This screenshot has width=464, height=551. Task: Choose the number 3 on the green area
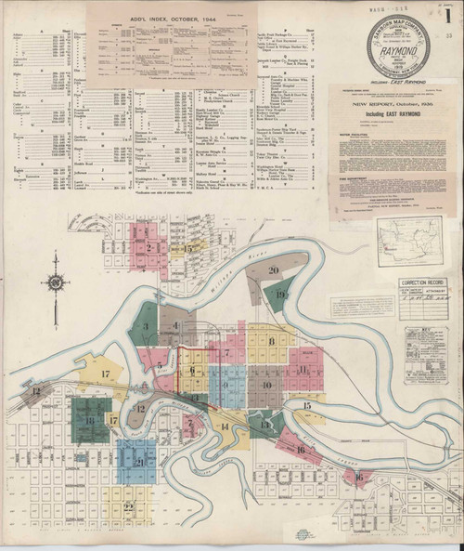(x=146, y=326)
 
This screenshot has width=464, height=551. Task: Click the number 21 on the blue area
(x=139, y=462)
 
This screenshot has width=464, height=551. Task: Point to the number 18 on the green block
(x=90, y=420)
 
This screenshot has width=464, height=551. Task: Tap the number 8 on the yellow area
(x=272, y=342)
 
